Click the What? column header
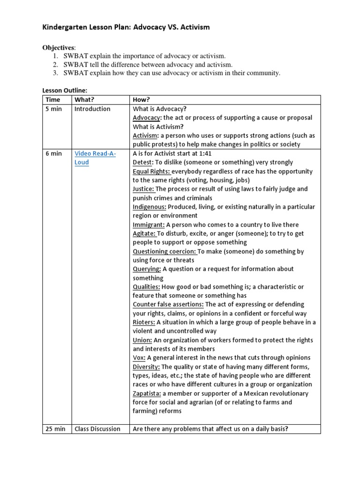coord(84,100)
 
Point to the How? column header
coord(142,100)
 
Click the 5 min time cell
coord(54,109)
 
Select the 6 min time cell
coord(54,153)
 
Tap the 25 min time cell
coord(55,429)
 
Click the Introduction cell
coord(92,109)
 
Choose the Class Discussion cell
coord(97,429)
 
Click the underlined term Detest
coord(143,162)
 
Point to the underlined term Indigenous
coord(150,207)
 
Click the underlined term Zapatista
coord(147,393)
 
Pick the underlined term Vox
coord(139,358)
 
